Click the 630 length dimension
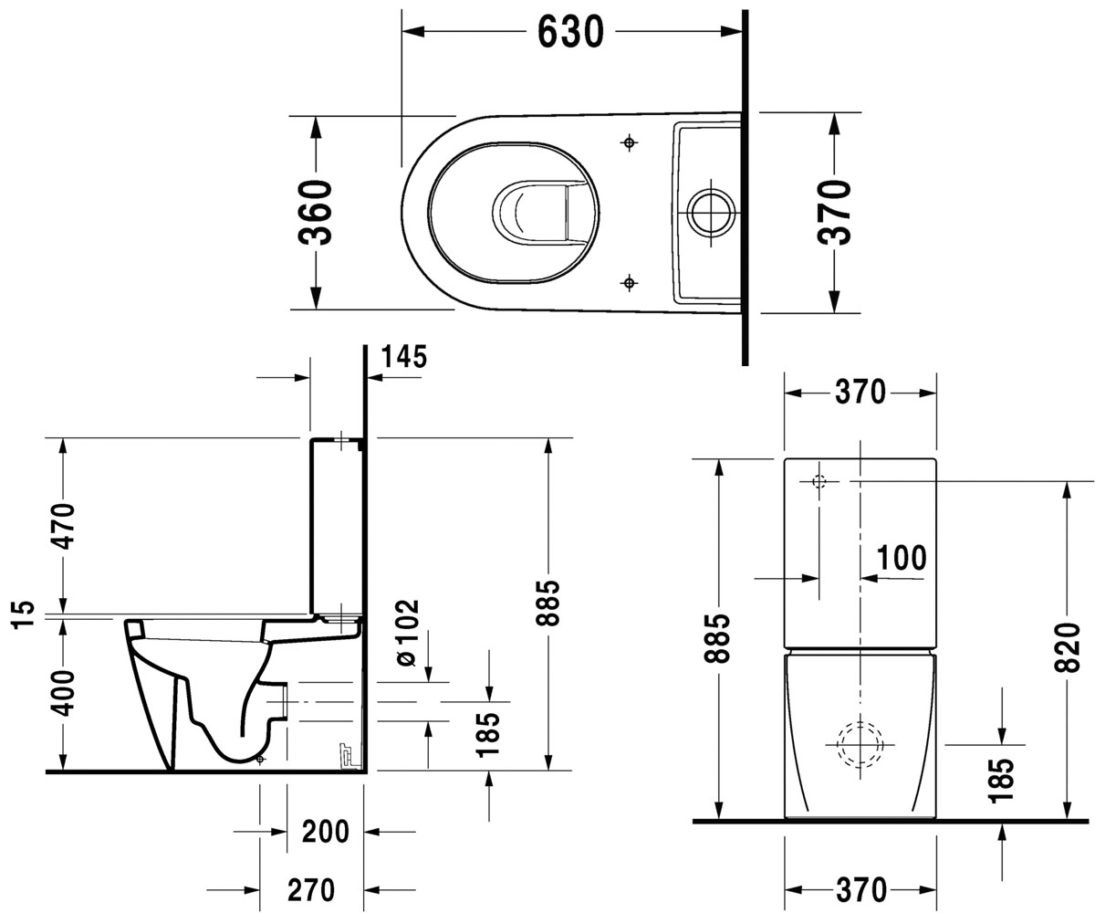point(570,32)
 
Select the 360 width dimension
point(315,212)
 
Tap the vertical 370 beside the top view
point(833,212)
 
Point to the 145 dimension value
point(404,357)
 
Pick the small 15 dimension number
point(23,614)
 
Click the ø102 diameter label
point(408,633)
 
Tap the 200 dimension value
point(325,832)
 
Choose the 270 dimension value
point(311,890)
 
